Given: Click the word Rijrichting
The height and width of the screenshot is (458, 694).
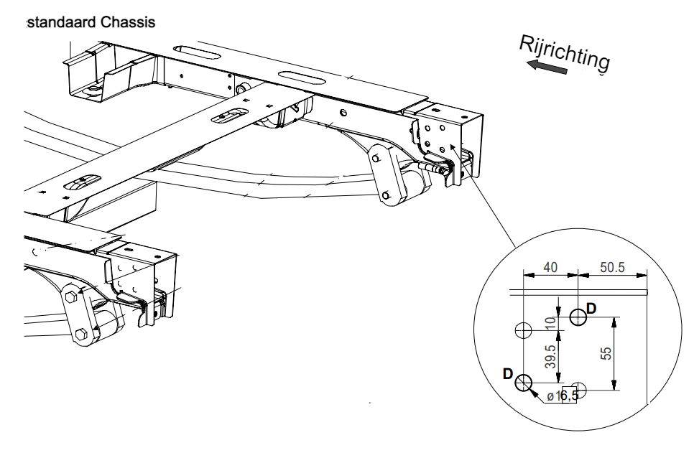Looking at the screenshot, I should (x=565, y=53).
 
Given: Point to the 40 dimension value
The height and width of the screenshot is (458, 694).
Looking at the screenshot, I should (x=550, y=267).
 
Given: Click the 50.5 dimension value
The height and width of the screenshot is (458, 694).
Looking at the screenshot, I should (x=612, y=267).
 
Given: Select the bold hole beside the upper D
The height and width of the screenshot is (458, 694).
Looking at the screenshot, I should (x=578, y=317).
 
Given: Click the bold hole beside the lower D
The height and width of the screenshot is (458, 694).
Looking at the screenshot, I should (x=523, y=382).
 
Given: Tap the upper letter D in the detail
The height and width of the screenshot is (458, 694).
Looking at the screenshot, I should (x=592, y=308).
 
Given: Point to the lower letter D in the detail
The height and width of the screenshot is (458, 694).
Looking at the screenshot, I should (x=508, y=373).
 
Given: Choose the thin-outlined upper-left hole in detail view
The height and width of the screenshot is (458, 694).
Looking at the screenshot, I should (x=523, y=331).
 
